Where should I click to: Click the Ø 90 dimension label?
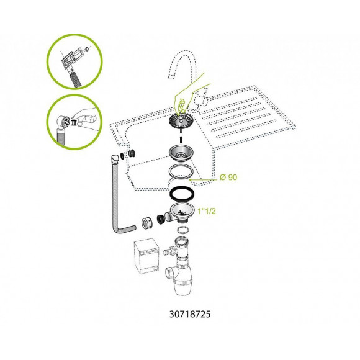click(228, 178)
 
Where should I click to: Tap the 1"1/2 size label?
click(207, 211)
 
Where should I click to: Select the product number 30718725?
click(190, 314)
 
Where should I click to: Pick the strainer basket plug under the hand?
click(181, 120)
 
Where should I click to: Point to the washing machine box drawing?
click(146, 256)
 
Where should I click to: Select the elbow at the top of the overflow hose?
click(115, 158)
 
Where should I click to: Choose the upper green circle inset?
click(74, 61)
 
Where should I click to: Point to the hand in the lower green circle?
click(86, 117)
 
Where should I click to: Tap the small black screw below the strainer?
click(181, 139)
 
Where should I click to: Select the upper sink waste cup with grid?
click(181, 153)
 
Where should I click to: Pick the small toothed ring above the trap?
click(183, 230)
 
